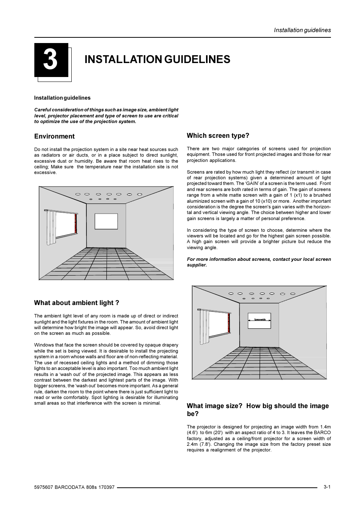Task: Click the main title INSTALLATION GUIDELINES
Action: (x=157, y=59)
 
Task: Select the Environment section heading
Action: (x=54, y=136)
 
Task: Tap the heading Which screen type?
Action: (x=218, y=136)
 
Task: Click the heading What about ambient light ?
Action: (x=77, y=303)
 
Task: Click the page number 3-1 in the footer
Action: (x=327, y=487)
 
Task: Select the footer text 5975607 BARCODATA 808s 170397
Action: (x=74, y=487)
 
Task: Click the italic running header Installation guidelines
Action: (x=302, y=30)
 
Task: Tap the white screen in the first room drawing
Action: (x=106, y=222)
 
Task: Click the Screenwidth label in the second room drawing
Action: (x=260, y=320)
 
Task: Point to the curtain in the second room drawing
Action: (x=203, y=327)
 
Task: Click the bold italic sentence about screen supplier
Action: (x=258, y=262)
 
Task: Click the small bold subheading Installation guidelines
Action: (x=62, y=98)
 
